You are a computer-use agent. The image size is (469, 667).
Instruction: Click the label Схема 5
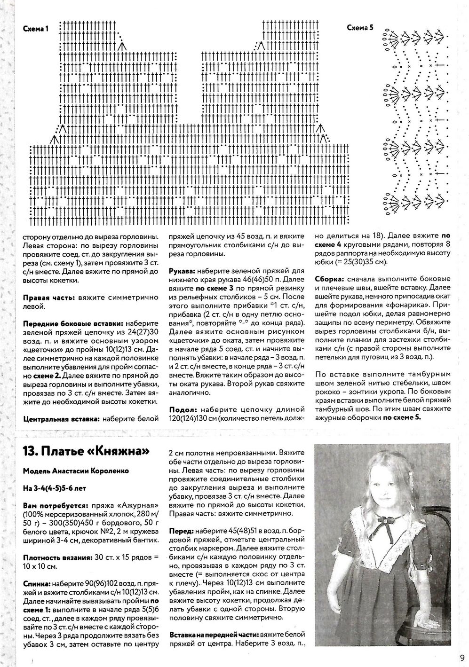click(360, 28)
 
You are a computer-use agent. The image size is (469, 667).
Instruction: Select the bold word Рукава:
click(183, 271)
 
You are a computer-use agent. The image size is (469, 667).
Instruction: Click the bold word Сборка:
click(330, 278)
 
